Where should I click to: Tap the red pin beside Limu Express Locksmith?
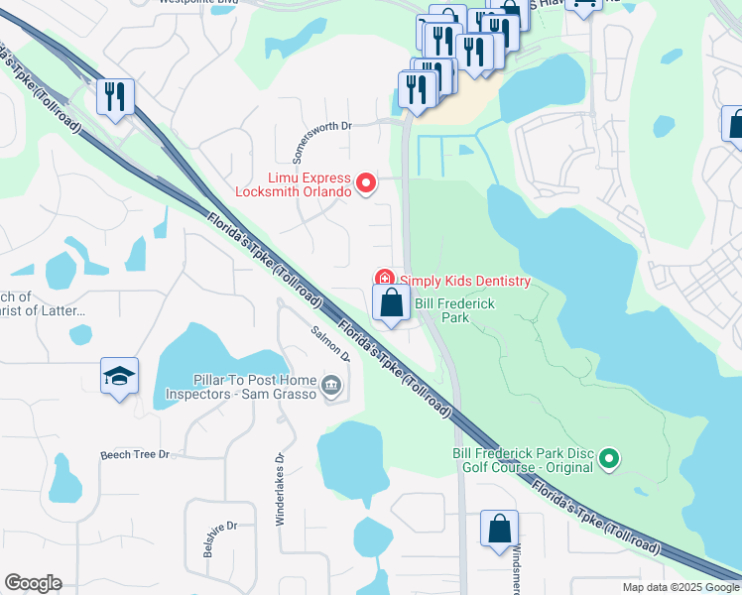pyautogui.click(x=366, y=182)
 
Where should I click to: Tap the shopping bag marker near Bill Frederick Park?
pyautogui.click(x=392, y=302)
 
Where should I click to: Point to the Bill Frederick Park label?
pyautogui.click(x=454, y=310)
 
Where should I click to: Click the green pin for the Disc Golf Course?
pyautogui.click(x=610, y=458)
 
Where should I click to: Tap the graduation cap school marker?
pyautogui.click(x=119, y=377)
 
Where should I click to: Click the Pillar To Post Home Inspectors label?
pyautogui.click(x=255, y=386)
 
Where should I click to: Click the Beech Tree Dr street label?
pyautogui.click(x=136, y=455)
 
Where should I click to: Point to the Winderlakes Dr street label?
pyautogui.click(x=280, y=487)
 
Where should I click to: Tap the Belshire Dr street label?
pyautogui.click(x=220, y=538)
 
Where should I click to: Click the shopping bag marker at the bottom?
pyautogui.click(x=499, y=529)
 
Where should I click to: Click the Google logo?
pyautogui.click(x=33, y=583)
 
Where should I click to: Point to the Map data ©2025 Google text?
pyautogui.click(x=680, y=587)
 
